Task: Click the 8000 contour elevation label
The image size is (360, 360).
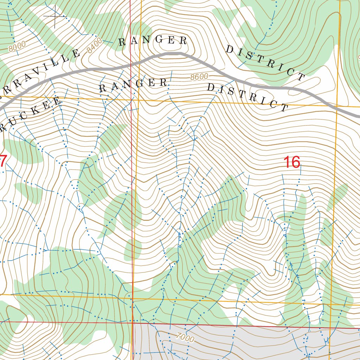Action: click(17, 46)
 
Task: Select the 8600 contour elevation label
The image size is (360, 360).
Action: click(199, 77)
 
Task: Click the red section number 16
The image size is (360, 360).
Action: click(292, 162)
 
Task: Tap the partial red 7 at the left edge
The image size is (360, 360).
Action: click(3, 161)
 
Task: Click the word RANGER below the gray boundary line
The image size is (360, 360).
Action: click(133, 85)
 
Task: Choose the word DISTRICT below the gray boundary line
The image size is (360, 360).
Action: click(247, 97)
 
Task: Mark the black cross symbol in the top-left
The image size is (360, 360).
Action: click(55, 16)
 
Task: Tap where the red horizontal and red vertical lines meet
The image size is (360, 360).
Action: click(133, 321)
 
